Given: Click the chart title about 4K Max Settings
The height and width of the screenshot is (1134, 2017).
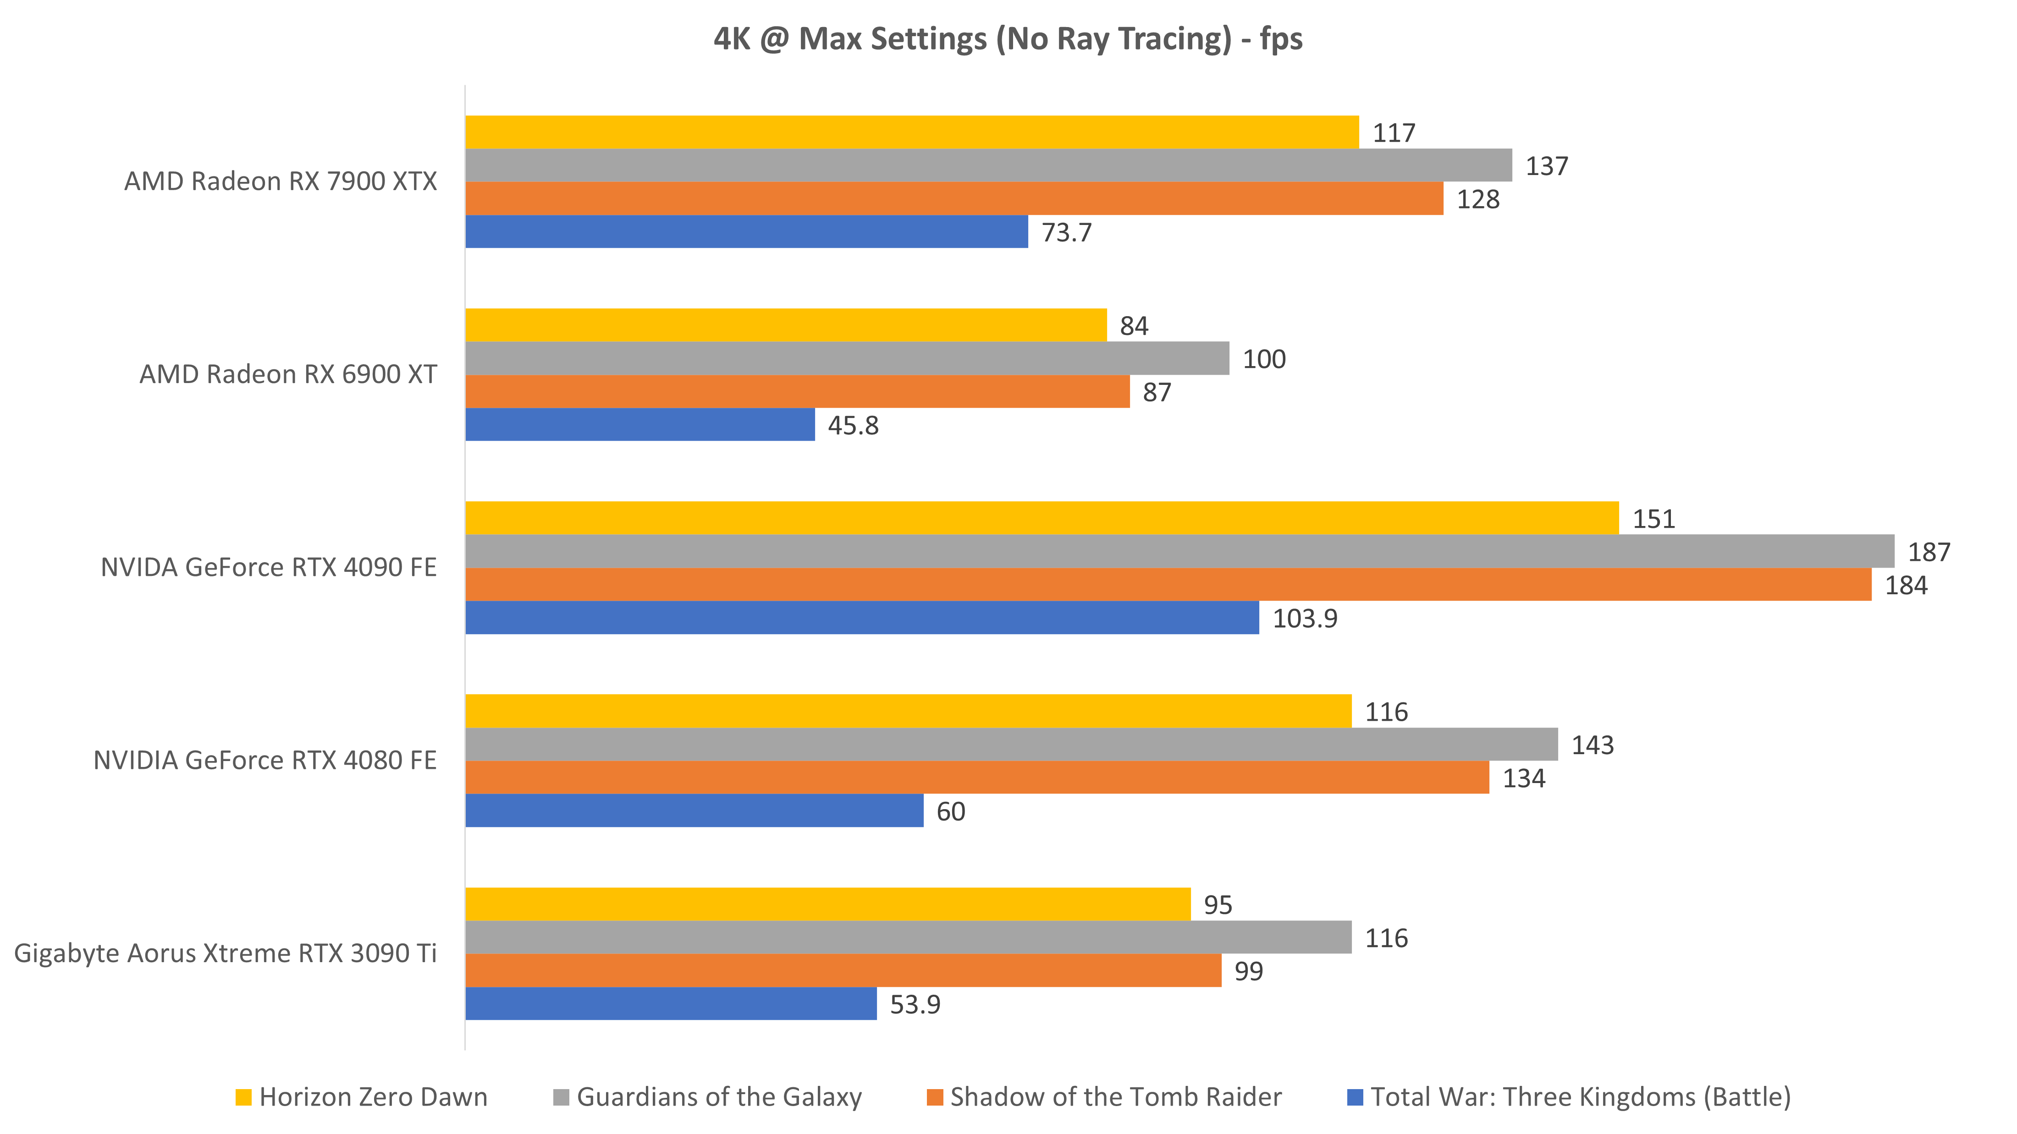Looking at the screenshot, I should click(x=1008, y=39).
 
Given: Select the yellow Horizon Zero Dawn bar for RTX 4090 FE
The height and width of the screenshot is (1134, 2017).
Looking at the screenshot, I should click(x=1042, y=518).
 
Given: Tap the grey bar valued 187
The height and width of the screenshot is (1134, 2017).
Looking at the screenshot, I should click(x=1179, y=551).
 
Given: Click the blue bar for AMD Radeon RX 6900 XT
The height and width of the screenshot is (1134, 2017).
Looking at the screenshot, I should click(x=639, y=425).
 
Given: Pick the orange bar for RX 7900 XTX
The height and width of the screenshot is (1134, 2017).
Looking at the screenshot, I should click(x=953, y=199).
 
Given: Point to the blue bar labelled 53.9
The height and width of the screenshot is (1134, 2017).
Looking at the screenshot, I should click(x=671, y=1004).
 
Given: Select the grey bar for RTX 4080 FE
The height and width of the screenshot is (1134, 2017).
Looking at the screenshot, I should click(x=1012, y=744).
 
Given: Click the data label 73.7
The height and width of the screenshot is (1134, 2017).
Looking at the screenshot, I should click(x=1066, y=232).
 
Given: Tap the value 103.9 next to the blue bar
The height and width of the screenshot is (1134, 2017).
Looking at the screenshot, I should click(x=1305, y=618).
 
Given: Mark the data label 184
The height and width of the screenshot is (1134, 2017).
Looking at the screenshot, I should click(x=1906, y=586).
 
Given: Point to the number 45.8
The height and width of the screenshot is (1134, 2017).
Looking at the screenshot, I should click(x=853, y=426).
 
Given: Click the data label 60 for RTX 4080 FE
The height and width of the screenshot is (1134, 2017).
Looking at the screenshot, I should click(x=951, y=811).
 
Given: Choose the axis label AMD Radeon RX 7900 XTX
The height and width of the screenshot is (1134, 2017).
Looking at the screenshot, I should click(x=280, y=181).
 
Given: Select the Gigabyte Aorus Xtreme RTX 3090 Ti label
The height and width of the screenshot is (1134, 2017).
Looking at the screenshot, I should click(x=226, y=953).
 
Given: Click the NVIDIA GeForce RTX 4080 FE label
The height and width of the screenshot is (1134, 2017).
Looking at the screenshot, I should click(x=265, y=760).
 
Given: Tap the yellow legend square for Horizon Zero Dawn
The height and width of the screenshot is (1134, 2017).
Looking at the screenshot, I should click(x=243, y=1097).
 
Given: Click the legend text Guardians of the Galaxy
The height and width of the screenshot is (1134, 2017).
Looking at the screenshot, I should click(x=719, y=1097).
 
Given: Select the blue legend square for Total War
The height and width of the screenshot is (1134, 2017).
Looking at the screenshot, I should click(x=1355, y=1097).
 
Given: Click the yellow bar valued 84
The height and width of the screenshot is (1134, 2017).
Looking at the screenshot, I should click(x=786, y=325).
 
